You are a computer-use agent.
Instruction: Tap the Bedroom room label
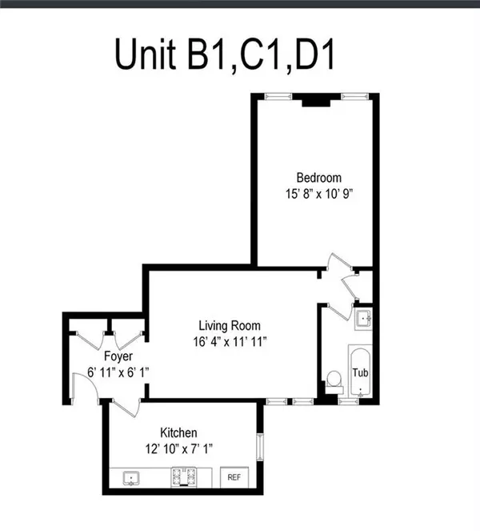pos(318,178)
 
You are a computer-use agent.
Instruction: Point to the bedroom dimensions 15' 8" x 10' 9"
pos(318,193)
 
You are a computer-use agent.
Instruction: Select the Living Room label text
pos(230,326)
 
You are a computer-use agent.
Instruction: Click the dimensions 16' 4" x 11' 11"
pos(230,341)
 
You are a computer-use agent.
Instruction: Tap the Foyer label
pos(118,356)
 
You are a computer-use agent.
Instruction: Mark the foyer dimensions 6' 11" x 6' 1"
pos(118,372)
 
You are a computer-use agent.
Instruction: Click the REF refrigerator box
pos(234,477)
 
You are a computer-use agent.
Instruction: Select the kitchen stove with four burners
pos(182,478)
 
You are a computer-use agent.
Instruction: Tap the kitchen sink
pos(130,479)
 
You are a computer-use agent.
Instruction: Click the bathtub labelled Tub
pos(361,372)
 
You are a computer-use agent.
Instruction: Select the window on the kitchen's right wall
pos(258,446)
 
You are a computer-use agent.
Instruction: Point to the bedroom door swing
pos(338,264)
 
